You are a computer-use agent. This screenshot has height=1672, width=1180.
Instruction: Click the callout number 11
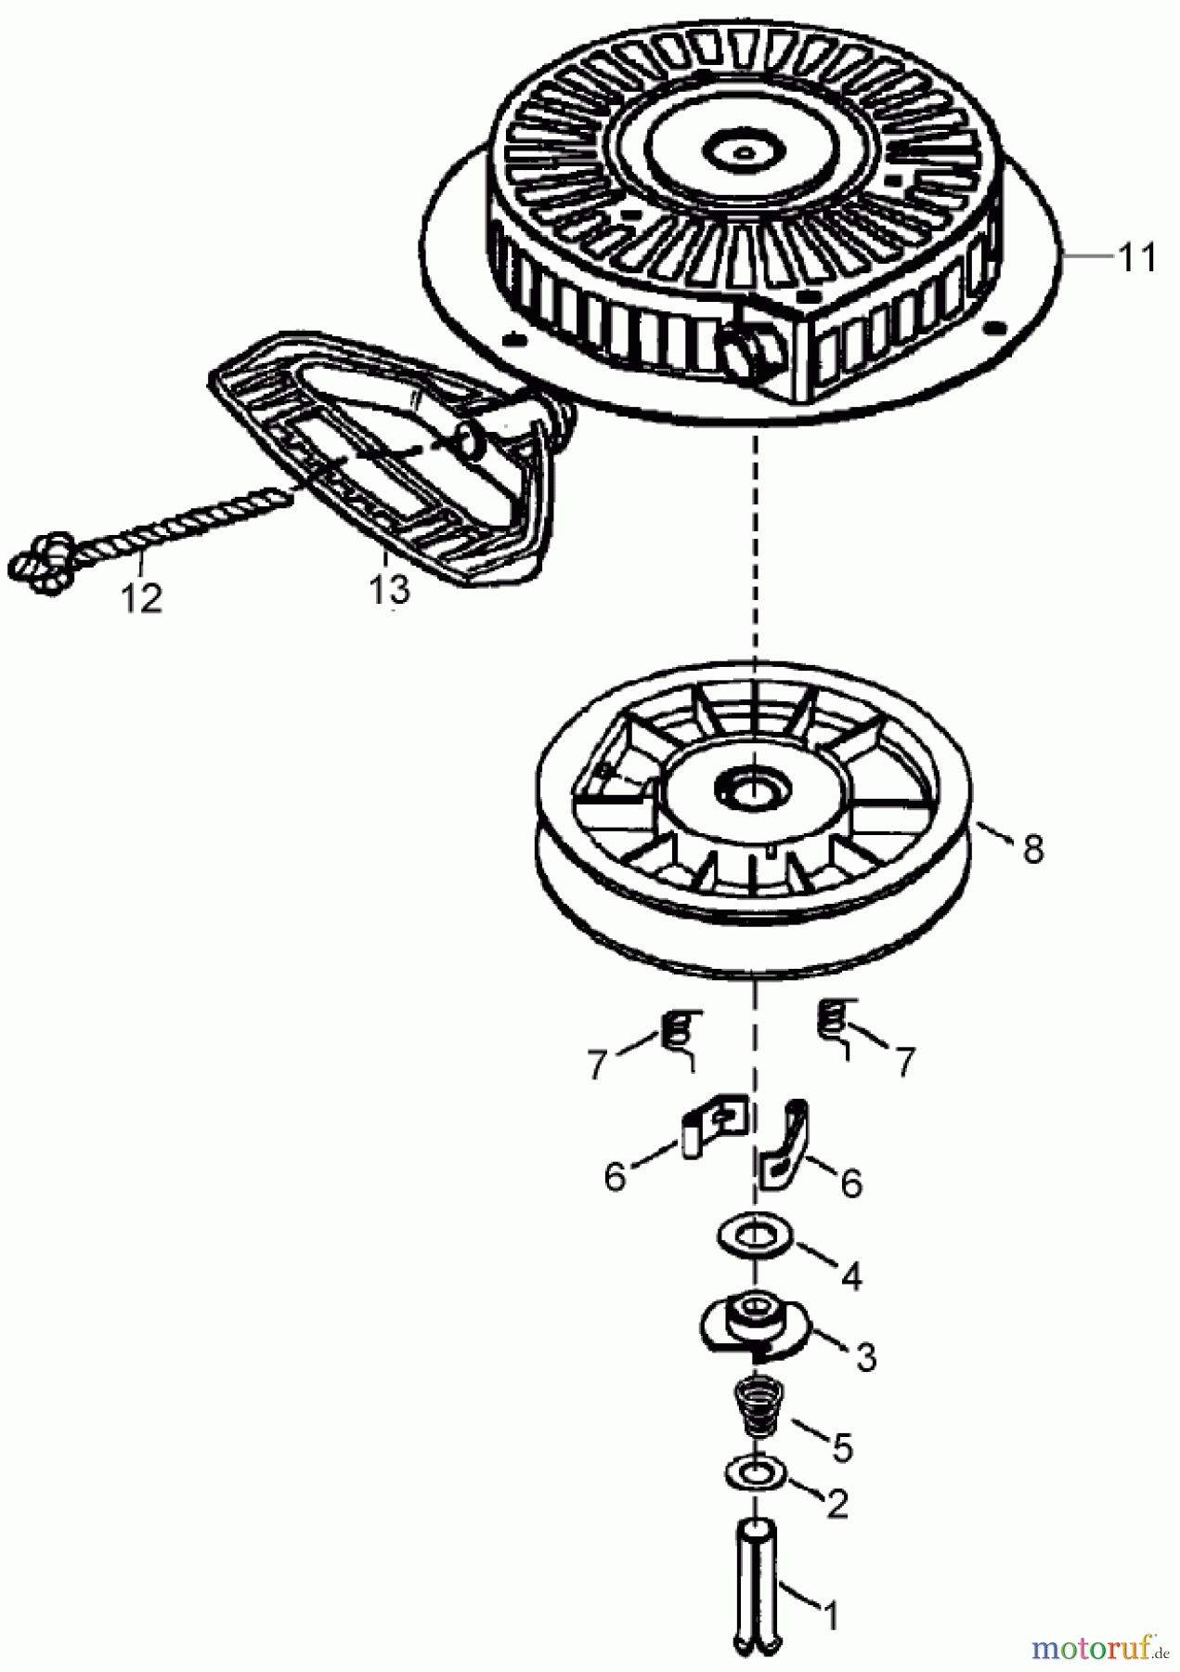1136,257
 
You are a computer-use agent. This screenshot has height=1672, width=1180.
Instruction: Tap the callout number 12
141,597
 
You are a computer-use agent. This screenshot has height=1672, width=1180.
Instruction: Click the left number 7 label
597,1064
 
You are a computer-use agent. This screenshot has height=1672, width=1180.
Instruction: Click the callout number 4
850,1275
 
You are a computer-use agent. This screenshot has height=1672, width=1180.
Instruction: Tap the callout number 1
832,1617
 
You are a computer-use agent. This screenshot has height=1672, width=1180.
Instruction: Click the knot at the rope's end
41,562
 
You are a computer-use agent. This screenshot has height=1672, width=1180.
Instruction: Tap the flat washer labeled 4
754,1236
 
